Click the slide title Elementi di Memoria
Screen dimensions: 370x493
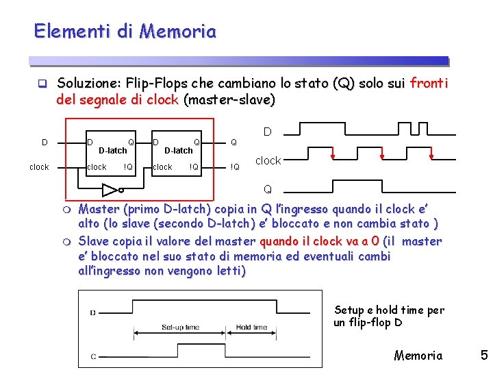click(x=125, y=32)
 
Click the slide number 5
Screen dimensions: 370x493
click(x=483, y=355)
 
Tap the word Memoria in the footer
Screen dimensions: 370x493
click(x=418, y=355)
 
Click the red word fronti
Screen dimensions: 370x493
click(x=429, y=84)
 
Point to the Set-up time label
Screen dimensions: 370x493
click(x=179, y=328)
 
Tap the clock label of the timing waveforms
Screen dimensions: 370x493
click(x=268, y=160)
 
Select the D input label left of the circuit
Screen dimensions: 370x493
click(x=45, y=143)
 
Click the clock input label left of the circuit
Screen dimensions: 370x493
click(x=39, y=166)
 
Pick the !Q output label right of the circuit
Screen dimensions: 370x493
click(x=235, y=166)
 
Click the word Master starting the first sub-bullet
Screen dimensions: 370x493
click(x=100, y=209)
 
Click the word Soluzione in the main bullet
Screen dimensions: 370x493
click(x=88, y=84)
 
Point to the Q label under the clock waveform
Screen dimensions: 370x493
click(x=267, y=188)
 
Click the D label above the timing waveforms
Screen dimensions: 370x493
click(x=268, y=131)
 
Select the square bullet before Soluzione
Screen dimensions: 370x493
click(x=41, y=84)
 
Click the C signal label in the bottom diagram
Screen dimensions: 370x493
click(x=92, y=356)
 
